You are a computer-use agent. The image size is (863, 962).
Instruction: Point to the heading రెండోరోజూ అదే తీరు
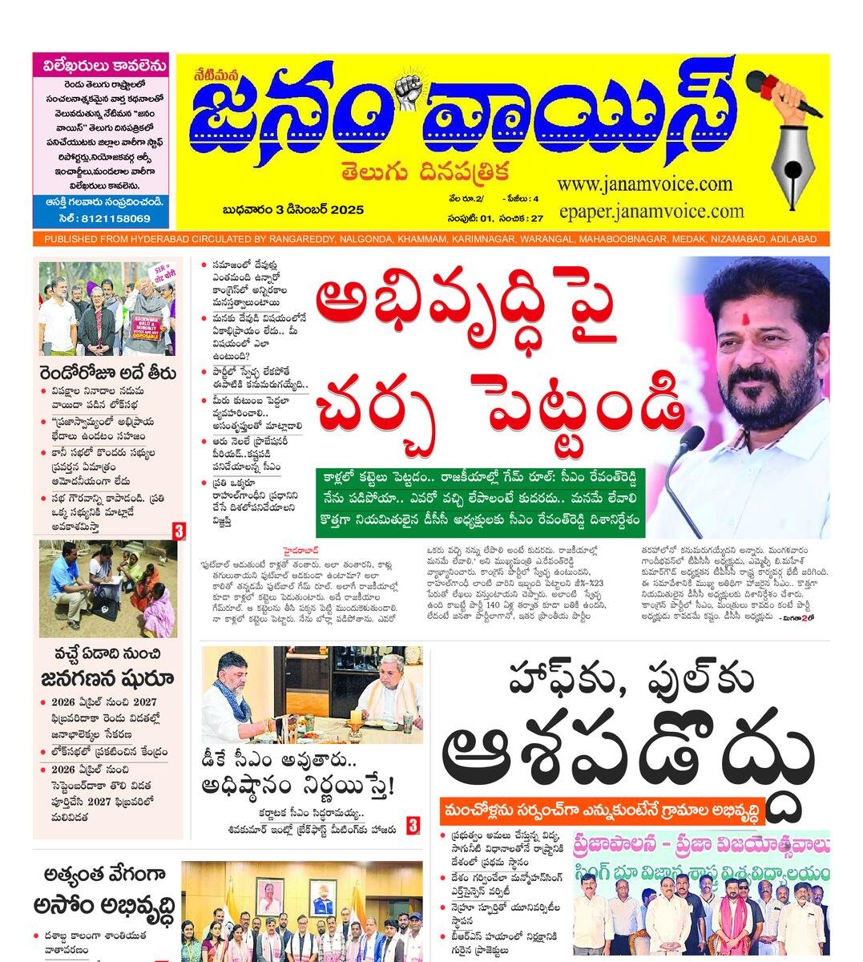(x=109, y=374)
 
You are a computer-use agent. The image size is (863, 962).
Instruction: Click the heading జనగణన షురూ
(x=107, y=677)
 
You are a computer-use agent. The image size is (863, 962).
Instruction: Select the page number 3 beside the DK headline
(x=413, y=825)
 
